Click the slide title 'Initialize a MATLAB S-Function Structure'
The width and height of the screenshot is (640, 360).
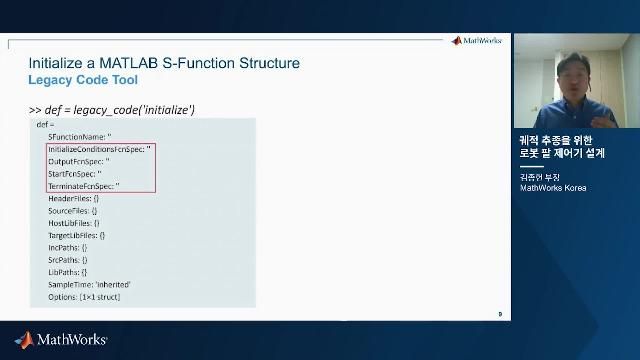164,63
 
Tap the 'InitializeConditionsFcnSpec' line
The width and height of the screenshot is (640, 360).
99,147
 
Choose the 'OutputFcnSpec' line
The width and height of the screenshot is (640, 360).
79,160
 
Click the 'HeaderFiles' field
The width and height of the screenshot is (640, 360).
73,199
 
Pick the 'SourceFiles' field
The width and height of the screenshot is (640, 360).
72,211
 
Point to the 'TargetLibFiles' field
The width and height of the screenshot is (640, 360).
76,235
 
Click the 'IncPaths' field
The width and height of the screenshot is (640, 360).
68,247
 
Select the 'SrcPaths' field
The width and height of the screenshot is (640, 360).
68,259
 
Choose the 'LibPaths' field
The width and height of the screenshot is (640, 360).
68,271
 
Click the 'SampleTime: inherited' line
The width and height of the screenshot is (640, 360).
90,284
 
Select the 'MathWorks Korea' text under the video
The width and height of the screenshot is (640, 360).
553,188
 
